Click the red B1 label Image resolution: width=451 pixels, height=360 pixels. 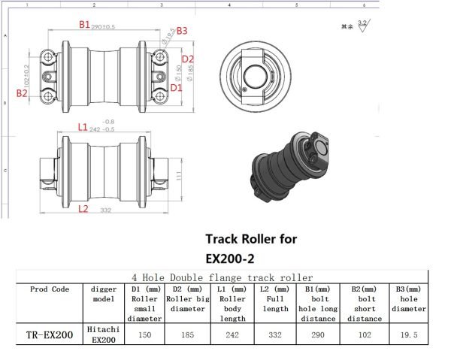[85, 25]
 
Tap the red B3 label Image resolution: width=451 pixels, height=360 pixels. [182, 31]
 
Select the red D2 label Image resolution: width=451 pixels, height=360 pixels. [188, 59]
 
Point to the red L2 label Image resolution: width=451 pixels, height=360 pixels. [83, 208]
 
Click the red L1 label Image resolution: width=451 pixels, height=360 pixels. [83, 127]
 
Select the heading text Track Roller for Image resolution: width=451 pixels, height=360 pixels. [251, 239]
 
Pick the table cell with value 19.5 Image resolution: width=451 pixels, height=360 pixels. [408, 335]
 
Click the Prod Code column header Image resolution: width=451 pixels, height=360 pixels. [49, 289]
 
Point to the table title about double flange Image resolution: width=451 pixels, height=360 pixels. [222, 277]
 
